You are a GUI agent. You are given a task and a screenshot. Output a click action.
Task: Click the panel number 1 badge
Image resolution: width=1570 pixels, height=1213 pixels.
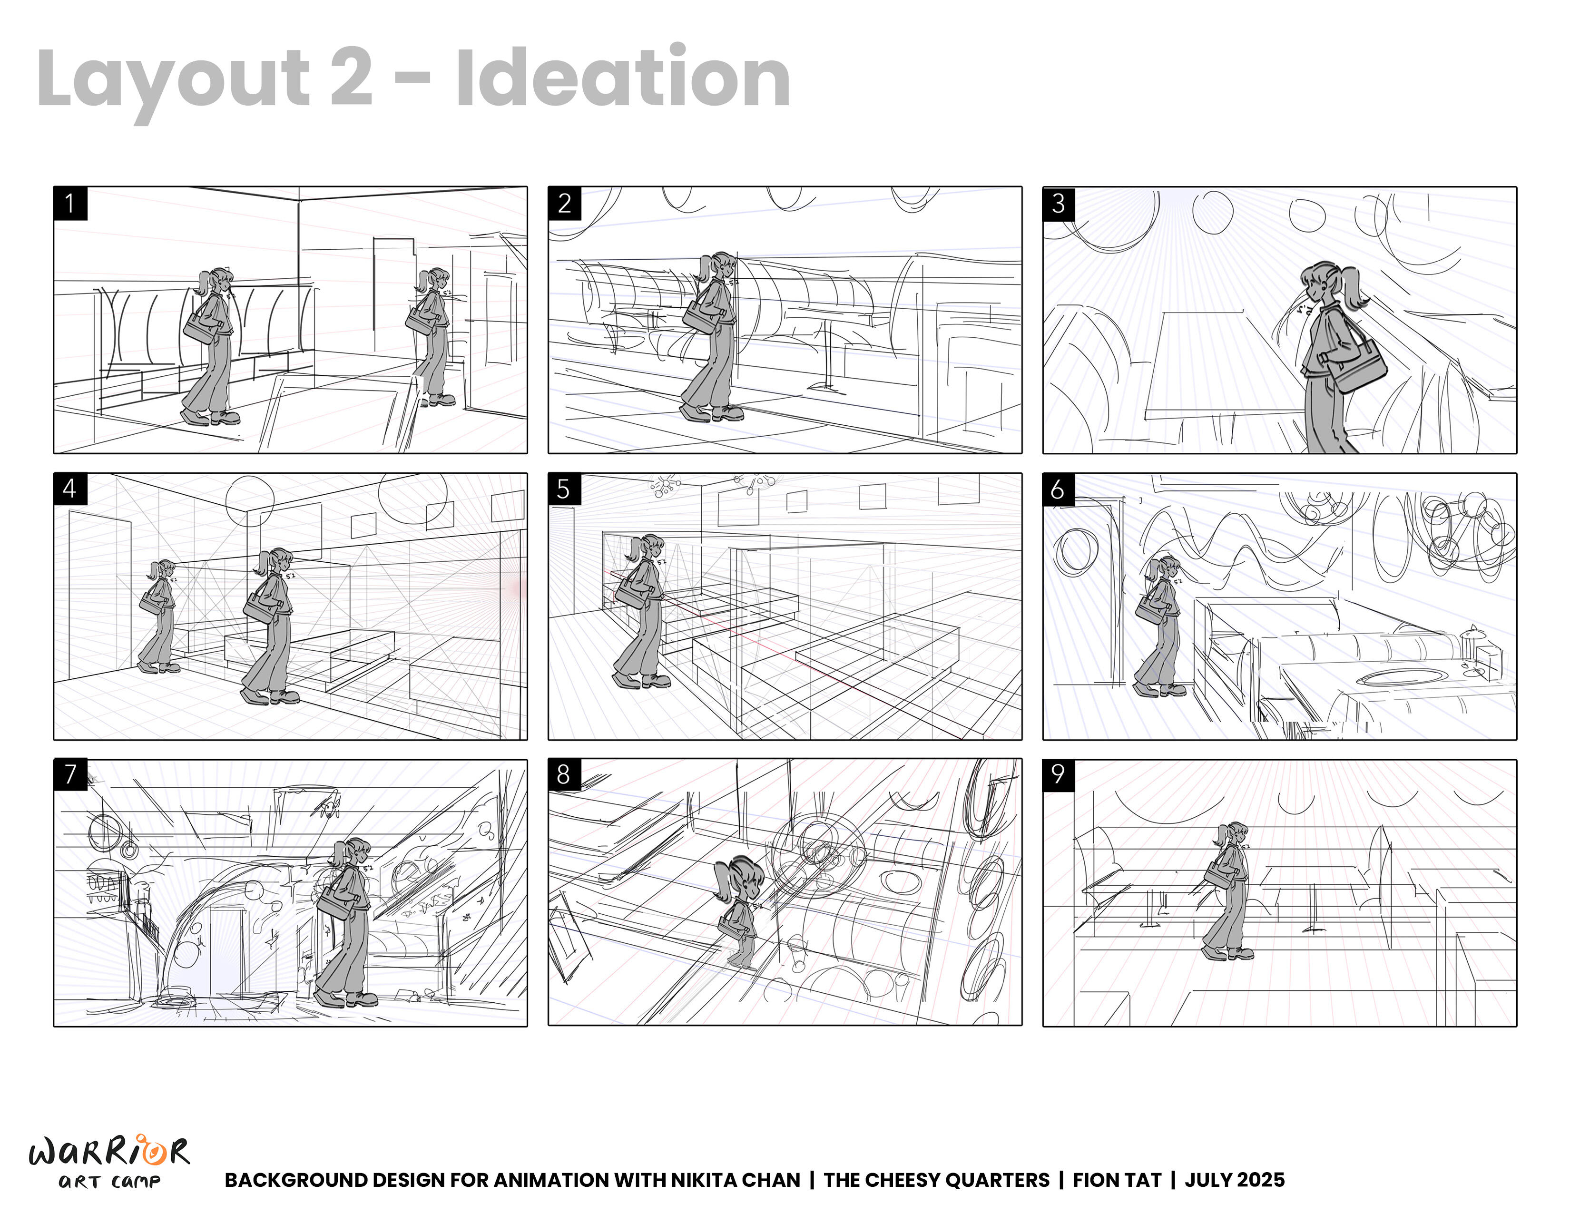[x=70, y=204]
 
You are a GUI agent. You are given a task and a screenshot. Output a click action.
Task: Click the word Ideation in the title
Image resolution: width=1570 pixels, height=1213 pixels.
[x=623, y=77]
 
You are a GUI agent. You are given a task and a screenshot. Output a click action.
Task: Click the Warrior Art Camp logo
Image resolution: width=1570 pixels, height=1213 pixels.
[x=109, y=1161]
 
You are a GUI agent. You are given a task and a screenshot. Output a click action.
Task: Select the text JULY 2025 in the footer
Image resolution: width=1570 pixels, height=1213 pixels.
[x=1234, y=1180]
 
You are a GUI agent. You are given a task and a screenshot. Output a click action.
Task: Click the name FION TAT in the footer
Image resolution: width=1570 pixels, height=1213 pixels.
[x=1117, y=1180]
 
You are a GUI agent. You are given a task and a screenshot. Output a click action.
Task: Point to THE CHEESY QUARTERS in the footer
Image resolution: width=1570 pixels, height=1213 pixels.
[x=937, y=1180]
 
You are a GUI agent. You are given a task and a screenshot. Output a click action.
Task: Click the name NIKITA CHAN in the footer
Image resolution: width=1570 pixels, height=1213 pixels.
[x=736, y=1180]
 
